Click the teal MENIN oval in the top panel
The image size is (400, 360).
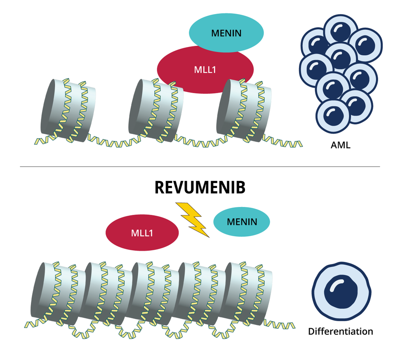226,33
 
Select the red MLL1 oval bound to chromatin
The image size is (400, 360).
205,69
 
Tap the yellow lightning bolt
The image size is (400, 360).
193,219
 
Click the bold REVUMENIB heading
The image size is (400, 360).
200,188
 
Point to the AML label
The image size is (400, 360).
340,145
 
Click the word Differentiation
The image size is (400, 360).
341,331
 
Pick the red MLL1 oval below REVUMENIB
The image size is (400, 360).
142,233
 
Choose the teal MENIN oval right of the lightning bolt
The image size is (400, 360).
242,222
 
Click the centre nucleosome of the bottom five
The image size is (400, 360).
153,293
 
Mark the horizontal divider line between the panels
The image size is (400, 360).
200,167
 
